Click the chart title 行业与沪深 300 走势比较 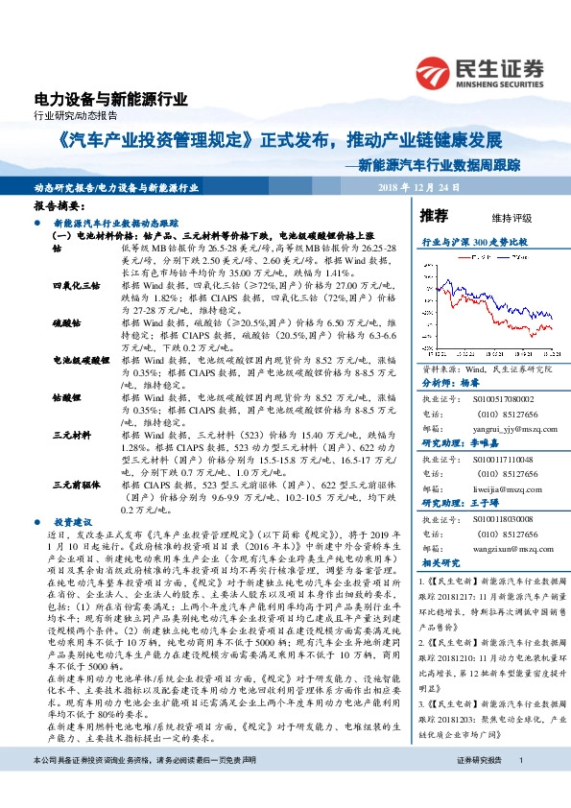coord(475,244)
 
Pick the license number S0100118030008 coord(492,519)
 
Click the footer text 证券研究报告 coord(479,786)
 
